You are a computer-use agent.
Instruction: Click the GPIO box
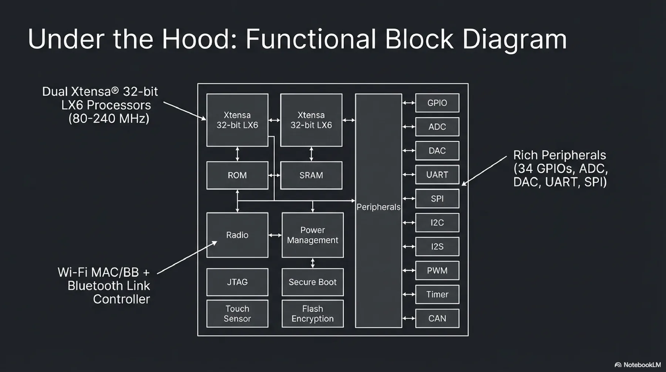point(437,103)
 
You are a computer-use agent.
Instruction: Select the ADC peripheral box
point(437,127)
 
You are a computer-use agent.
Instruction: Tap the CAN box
point(437,318)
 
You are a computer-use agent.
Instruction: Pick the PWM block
point(437,271)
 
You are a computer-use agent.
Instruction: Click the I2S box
point(437,247)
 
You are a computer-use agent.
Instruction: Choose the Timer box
point(437,294)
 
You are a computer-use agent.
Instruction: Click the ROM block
point(237,175)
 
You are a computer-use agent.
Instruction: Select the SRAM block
point(311,175)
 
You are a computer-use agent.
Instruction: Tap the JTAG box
point(237,282)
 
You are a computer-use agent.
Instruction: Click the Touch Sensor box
point(237,314)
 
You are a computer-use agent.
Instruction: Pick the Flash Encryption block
point(313,314)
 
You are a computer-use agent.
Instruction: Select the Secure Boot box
point(313,282)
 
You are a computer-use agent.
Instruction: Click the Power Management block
point(313,235)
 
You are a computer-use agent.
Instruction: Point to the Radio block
point(237,235)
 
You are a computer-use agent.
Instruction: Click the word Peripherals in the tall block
point(378,207)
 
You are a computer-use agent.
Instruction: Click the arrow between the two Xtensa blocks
point(274,120)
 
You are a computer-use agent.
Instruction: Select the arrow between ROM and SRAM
point(274,175)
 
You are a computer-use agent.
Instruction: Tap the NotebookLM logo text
point(642,365)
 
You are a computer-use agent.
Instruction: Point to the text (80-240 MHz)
point(109,119)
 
